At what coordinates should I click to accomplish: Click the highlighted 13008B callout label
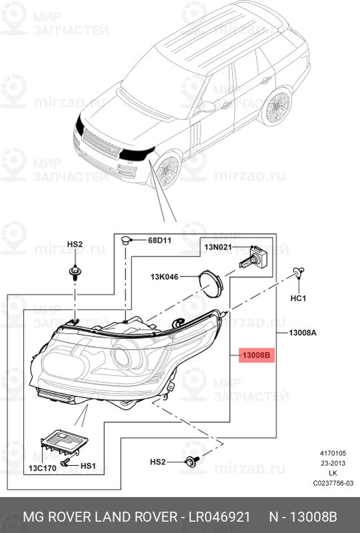(255, 356)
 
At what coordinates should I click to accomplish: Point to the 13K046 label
(164, 276)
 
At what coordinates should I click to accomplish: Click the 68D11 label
(160, 239)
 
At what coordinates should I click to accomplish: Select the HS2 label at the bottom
(157, 461)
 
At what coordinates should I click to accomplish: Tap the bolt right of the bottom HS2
(192, 460)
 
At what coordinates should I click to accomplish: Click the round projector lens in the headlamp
(123, 360)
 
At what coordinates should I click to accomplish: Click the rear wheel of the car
(276, 107)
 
